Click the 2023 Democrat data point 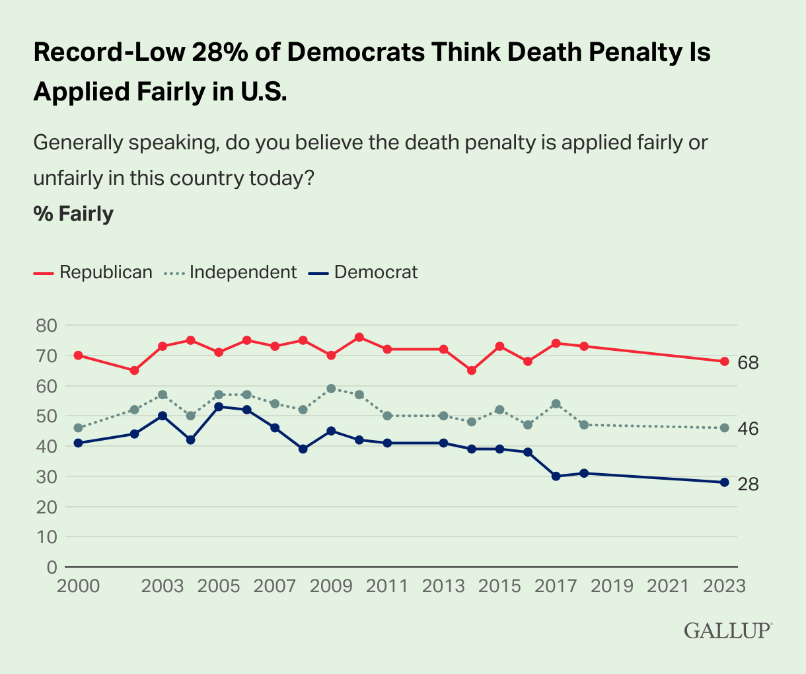(724, 482)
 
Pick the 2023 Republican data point (724, 361)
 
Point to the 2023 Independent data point (724, 428)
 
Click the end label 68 (748, 363)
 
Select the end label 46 (748, 429)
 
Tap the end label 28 (748, 484)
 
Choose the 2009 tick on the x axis (331, 586)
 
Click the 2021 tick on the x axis (668, 586)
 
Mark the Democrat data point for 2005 (219, 406)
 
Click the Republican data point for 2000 (78, 355)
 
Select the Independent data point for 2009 (331, 389)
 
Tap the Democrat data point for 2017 (556, 476)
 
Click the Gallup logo (727, 630)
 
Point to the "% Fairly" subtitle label (73, 214)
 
